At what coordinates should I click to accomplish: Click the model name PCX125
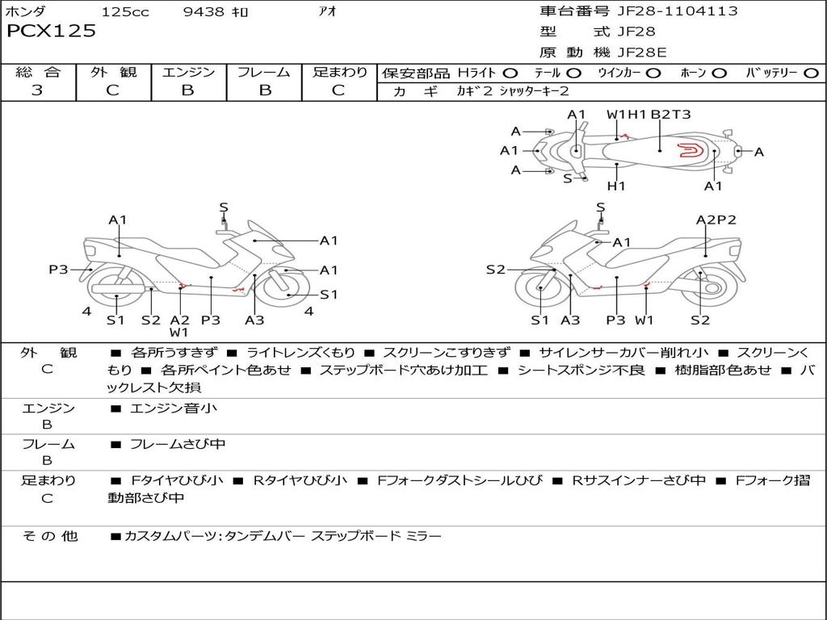[x=52, y=31]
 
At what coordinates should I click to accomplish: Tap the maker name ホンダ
[x=26, y=11]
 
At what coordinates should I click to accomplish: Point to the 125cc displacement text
[x=125, y=12]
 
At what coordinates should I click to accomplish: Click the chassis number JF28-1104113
[x=666, y=11]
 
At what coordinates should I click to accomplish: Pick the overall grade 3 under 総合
[x=37, y=90]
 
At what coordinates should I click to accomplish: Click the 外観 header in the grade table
[x=113, y=73]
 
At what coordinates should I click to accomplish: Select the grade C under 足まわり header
[x=338, y=90]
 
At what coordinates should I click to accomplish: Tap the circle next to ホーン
[x=720, y=73]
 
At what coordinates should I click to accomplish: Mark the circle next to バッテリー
[x=811, y=73]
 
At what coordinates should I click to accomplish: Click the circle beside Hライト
[x=510, y=73]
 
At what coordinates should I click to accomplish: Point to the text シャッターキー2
[x=534, y=91]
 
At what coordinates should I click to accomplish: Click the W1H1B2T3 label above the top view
[x=649, y=115]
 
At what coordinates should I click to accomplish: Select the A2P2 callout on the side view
[x=716, y=220]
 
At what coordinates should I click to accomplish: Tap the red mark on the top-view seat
[x=689, y=149]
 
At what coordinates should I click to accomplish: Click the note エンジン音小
[x=174, y=408]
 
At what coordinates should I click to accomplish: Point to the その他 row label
[x=49, y=536]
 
